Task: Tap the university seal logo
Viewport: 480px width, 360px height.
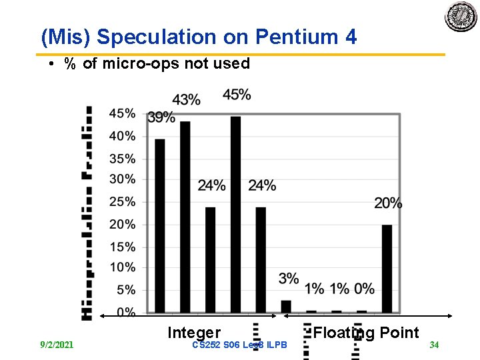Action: (x=461, y=16)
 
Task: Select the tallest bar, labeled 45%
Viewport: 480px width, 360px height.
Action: (x=235, y=214)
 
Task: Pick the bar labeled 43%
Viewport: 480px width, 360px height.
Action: (x=185, y=217)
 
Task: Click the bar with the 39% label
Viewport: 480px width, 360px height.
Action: (x=160, y=225)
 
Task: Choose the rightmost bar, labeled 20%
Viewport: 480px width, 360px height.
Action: (x=387, y=269)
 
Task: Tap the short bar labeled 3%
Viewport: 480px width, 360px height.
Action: (x=286, y=306)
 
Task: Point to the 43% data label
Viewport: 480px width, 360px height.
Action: (x=186, y=100)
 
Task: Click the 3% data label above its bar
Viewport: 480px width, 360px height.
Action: (x=289, y=279)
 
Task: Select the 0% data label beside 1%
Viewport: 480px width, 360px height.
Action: (x=364, y=289)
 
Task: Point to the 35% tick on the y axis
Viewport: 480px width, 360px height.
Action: (x=122, y=159)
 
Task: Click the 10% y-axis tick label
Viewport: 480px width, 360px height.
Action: (x=122, y=267)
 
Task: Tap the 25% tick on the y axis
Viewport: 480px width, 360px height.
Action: (x=122, y=201)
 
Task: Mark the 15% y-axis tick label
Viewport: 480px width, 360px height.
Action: (x=122, y=247)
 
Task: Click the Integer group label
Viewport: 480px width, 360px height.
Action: (x=194, y=333)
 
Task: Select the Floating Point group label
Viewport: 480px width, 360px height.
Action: (x=366, y=333)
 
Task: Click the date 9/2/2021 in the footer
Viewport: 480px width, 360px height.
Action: (x=57, y=345)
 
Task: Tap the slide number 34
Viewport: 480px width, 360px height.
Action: (x=434, y=345)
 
